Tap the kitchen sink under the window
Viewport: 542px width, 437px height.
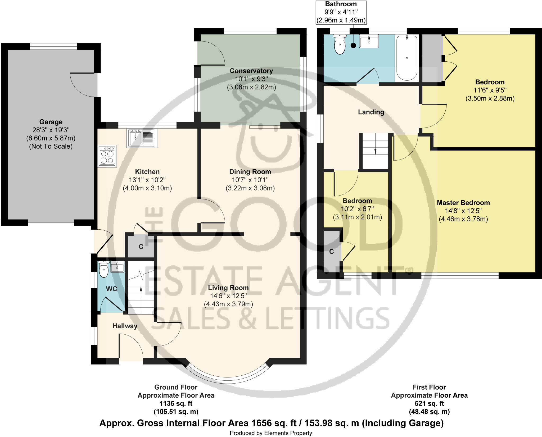coord(142,138)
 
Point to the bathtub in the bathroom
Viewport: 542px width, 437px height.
coord(407,58)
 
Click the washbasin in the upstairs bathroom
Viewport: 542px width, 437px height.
coord(369,41)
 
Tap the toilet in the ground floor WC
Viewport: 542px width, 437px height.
coord(103,269)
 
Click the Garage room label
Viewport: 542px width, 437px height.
coord(51,122)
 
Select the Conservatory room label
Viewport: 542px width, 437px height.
coord(251,71)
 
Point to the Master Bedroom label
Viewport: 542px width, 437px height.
coord(463,203)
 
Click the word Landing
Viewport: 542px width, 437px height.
coord(371,112)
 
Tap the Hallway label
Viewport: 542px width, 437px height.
coord(125,326)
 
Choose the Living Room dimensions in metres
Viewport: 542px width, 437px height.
coord(228,304)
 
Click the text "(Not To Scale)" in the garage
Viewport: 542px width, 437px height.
coord(51,146)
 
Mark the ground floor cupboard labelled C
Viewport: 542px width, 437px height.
coord(141,247)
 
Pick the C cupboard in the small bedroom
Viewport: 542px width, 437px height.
coord(331,252)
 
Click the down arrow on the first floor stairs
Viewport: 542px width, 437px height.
coord(375,151)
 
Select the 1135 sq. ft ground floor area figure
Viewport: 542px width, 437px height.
coord(176,404)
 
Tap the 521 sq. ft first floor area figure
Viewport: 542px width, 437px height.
coord(429,404)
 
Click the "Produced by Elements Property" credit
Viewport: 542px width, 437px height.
coord(271,433)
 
